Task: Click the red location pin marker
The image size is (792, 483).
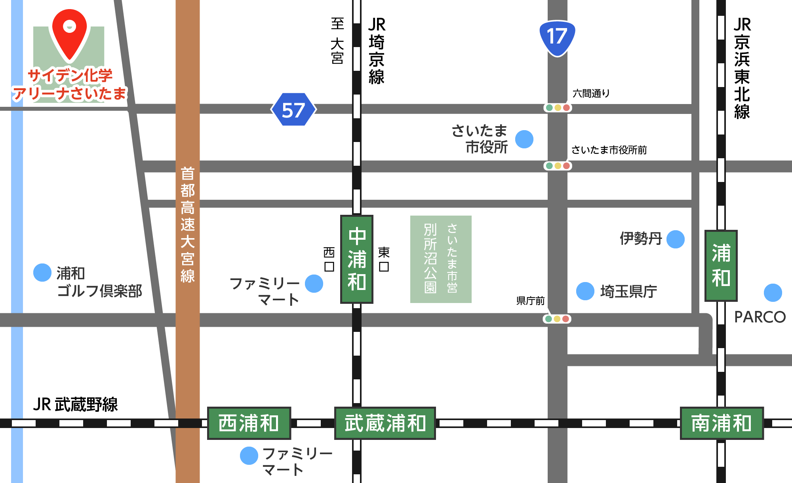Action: [70, 34]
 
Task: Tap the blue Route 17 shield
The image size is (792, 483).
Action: [557, 38]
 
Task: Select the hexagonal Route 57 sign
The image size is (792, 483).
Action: [293, 110]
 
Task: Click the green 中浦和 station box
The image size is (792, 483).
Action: [357, 259]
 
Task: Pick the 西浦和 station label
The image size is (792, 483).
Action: [249, 423]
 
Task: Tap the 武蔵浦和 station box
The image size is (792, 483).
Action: [385, 423]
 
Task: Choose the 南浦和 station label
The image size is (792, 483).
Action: [722, 423]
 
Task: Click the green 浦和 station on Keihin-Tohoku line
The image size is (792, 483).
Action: [721, 265]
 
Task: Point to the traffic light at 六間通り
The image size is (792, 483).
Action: [558, 108]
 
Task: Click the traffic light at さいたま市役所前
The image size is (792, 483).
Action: [558, 166]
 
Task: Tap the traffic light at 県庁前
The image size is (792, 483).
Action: [557, 319]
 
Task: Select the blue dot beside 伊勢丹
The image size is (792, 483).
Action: [676, 239]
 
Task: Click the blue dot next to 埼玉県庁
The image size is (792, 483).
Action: [585, 292]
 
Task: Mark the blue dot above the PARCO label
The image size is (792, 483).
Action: [773, 293]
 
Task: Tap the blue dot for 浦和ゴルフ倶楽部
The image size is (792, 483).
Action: [42, 273]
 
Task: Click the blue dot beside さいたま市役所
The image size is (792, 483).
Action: [524, 139]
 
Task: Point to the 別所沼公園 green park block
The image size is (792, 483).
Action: [441, 259]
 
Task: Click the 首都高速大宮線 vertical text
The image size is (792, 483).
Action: [188, 224]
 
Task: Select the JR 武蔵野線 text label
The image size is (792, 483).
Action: [75, 404]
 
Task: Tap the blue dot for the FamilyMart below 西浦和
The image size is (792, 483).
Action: [249, 456]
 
